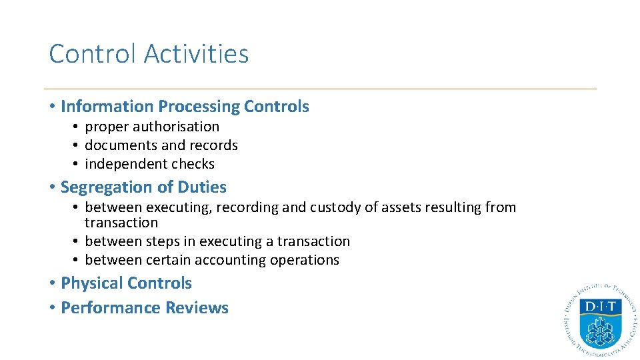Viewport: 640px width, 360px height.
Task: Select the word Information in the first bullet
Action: click(107, 107)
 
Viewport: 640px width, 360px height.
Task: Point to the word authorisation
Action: click(175, 127)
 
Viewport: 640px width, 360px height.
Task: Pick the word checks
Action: click(193, 164)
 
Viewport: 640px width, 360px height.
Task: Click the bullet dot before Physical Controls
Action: click(52, 283)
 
